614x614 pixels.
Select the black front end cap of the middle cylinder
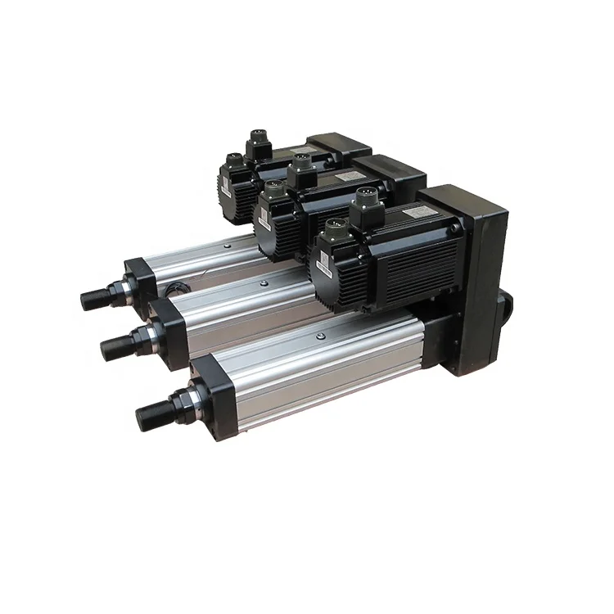tap(168, 323)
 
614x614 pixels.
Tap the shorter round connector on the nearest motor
tap(333, 233)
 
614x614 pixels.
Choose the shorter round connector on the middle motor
tap(269, 196)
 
